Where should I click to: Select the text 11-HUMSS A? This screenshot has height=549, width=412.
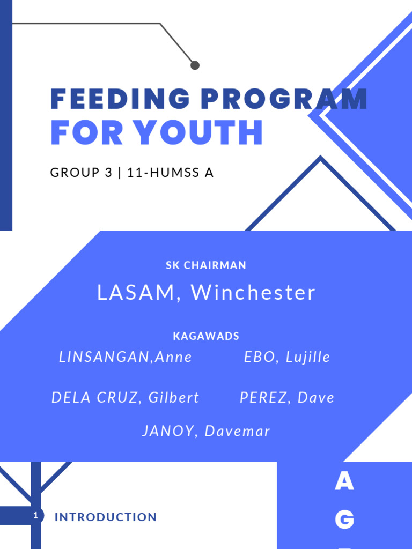[170, 173]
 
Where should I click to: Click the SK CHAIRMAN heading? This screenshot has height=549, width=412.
[206, 265]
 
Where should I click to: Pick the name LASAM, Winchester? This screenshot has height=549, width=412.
[206, 293]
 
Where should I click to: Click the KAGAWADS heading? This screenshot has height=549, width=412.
[206, 337]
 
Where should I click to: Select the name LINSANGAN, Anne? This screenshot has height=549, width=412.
[126, 358]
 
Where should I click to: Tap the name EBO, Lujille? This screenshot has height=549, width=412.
[287, 358]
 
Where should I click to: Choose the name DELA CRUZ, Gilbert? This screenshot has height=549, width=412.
[125, 398]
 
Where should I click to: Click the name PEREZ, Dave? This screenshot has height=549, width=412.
[287, 398]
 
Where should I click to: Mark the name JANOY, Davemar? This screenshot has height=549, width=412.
[206, 431]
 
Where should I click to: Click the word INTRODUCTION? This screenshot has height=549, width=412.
[106, 517]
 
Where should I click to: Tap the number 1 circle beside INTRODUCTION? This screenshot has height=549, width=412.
[36, 516]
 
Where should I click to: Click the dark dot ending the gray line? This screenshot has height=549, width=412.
[195, 65]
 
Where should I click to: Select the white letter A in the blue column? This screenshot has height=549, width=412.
[344, 482]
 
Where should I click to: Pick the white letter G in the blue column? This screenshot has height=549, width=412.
[344, 520]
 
